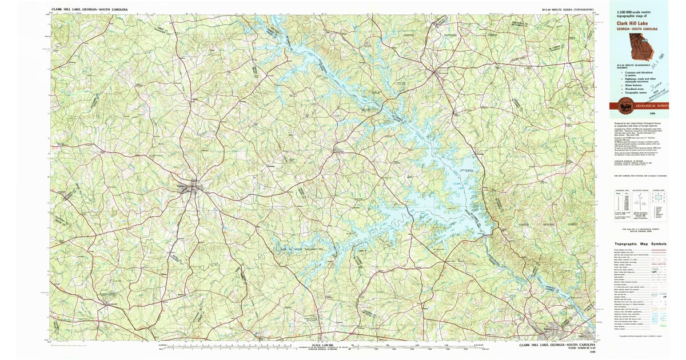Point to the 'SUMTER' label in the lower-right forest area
click(x=525, y=225)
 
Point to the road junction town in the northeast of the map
click(x=441, y=73)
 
